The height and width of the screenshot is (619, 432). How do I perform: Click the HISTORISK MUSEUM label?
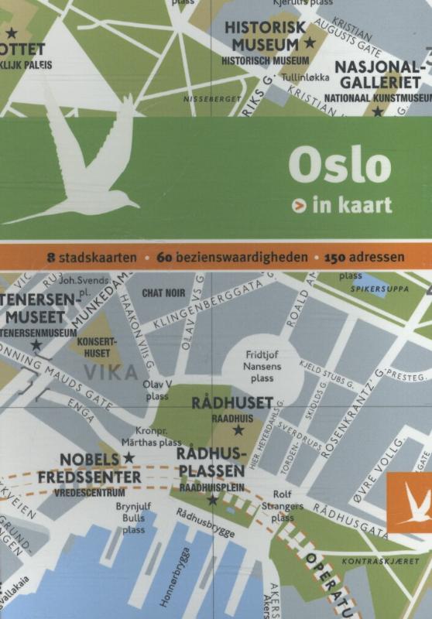(x=266, y=36)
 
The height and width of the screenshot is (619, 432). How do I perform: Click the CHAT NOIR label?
(x=163, y=293)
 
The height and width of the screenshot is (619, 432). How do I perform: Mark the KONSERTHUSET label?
(x=96, y=346)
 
